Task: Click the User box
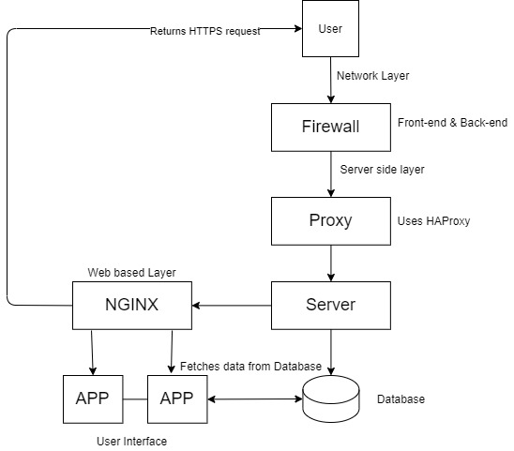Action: click(x=330, y=28)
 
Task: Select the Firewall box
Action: click(x=331, y=128)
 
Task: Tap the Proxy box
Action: click(x=331, y=221)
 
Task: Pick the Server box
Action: click(x=331, y=306)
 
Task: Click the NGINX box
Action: click(x=132, y=306)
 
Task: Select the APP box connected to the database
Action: click(x=177, y=399)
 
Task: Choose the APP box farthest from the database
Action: click(x=93, y=399)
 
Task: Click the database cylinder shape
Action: click(x=331, y=398)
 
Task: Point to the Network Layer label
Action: click(x=372, y=76)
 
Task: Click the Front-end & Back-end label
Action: click(x=452, y=123)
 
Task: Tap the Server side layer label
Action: click(x=383, y=170)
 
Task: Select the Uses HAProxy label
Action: click(x=433, y=221)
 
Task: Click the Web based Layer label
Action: click(x=131, y=272)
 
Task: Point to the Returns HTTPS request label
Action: click(x=205, y=31)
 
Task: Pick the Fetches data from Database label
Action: click(x=250, y=366)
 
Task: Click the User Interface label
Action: click(x=131, y=442)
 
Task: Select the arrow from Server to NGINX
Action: click(x=232, y=306)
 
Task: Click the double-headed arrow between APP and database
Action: click(x=255, y=398)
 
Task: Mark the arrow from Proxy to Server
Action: click(x=331, y=263)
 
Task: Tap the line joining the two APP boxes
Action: click(x=135, y=399)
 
